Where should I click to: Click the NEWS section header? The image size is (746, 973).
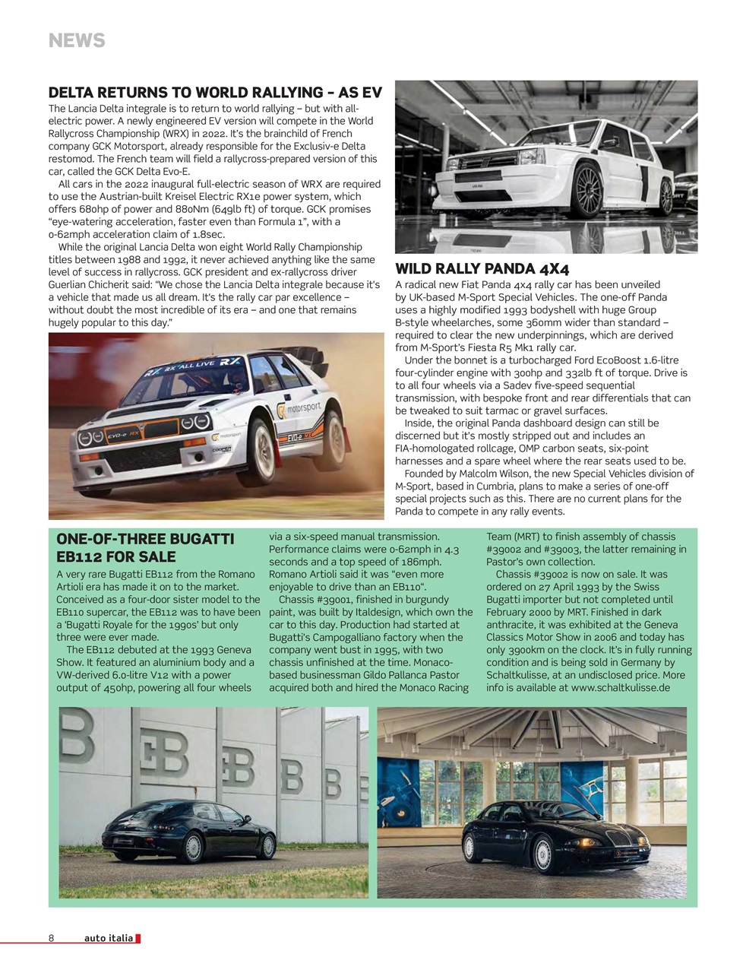(77, 40)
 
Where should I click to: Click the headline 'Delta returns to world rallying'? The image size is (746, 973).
(214, 93)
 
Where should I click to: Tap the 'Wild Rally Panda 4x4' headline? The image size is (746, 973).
(482, 268)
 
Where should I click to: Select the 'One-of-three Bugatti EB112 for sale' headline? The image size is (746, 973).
(145, 547)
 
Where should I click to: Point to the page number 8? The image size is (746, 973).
(52, 938)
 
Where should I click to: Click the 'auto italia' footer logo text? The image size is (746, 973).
(109, 938)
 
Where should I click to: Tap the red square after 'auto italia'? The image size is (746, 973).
(138, 938)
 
